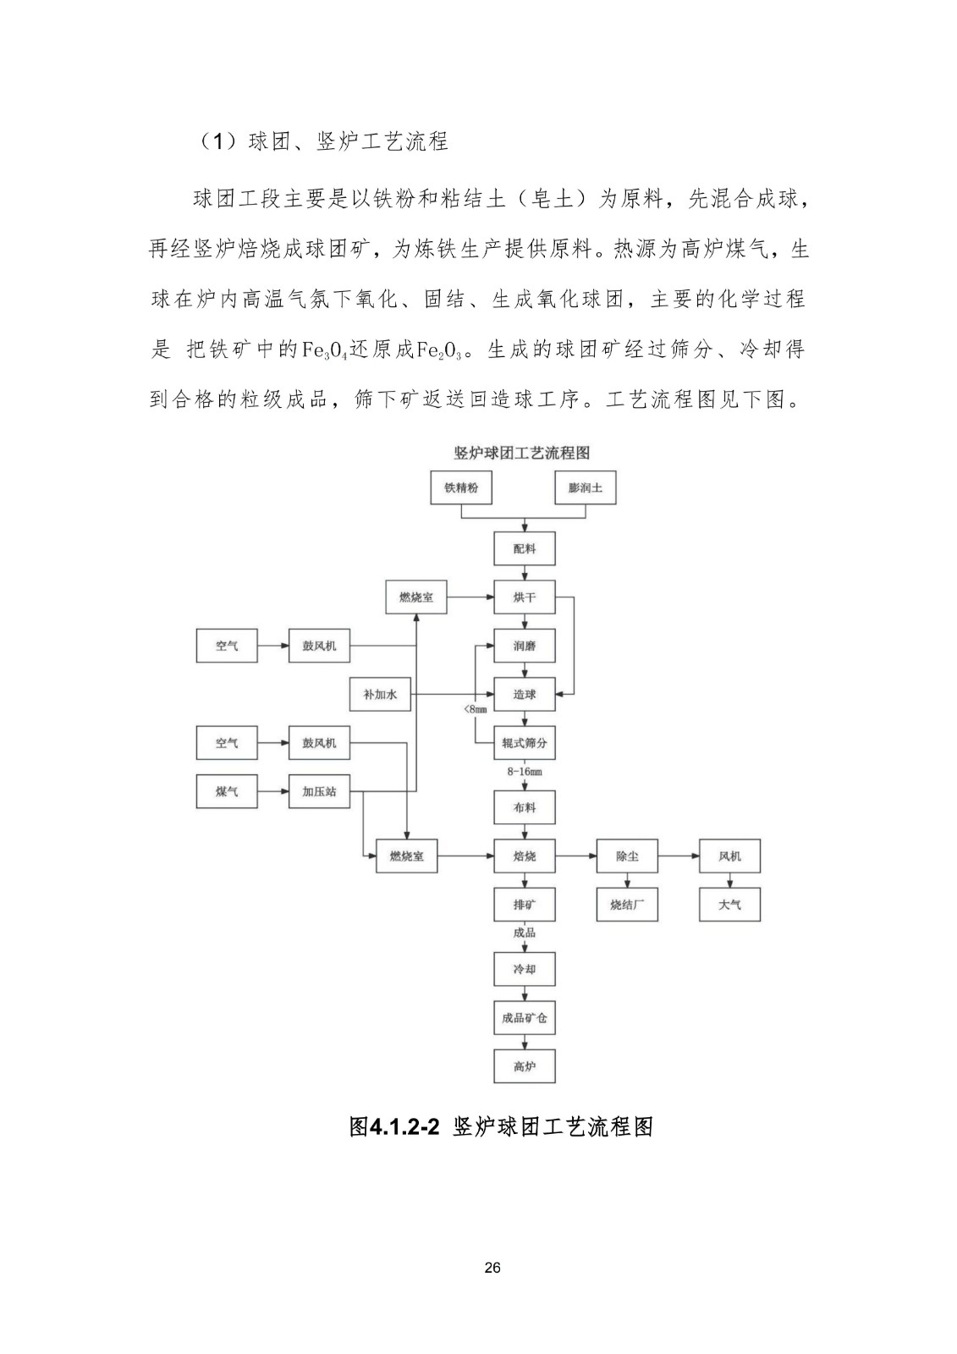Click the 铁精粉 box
tap(461, 488)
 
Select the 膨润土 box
tap(586, 488)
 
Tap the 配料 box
tap(525, 548)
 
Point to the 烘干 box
tap(525, 597)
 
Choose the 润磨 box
tap(525, 646)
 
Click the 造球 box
tap(525, 695)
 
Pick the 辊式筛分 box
tap(525, 743)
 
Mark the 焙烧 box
tap(525, 856)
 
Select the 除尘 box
tap(627, 856)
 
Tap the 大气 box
tap(729, 905)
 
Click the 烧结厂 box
tap(627, 905)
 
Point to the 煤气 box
tap(227, 791)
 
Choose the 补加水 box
tap(381, 695)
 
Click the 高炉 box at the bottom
tap(525, 1066)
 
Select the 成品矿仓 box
tap(525, 1018)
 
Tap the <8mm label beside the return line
tap(476, 709)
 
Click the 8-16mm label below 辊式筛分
tap(525, 772)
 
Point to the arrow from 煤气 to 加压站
tap(272, 791)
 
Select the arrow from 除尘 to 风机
tap(678, 856)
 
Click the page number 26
tap(493, 1268)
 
